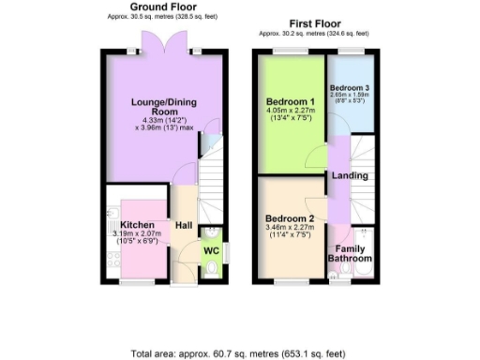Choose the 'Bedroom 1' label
[x=292, y=100]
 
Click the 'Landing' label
[x=350, y=175]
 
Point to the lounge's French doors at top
[x=156, y=42]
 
